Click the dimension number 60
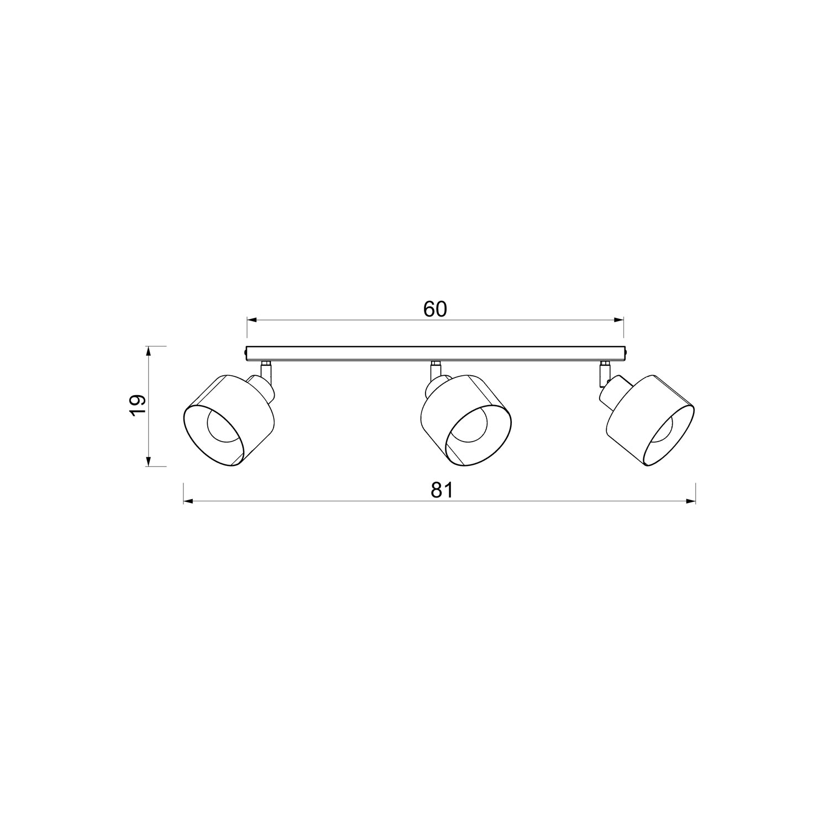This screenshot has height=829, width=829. pos(435,309)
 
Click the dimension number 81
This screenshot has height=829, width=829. pos(442,490)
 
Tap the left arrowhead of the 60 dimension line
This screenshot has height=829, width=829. pos(251,319)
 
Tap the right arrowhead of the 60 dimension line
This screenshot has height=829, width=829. pos(618,319)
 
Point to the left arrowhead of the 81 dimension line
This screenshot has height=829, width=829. pos(188,501)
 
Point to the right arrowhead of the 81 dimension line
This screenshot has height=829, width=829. pos(690,501)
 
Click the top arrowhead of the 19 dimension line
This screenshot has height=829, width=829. pos(149,351)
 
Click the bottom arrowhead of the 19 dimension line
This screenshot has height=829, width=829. pos(149,461)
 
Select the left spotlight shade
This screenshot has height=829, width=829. pos(228,420)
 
